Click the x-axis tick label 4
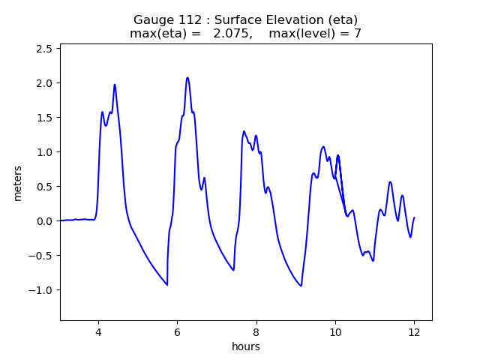[x=97, y=331]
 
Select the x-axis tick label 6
[x=177, y=331]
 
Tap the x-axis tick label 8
[x=256, y=331]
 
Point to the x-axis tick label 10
[x=335, y=331]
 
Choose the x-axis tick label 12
[x=414, y=331]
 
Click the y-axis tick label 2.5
[x=46, y=49]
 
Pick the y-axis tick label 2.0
[x=46, y=83]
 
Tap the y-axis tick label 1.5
[x=46, y=118]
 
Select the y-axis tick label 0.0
[x=46, y=221]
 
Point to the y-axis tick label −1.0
[x=43, y=290]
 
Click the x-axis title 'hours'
[x=246, y=346]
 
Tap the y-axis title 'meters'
[x=17, y=182]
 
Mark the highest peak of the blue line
[x=187, y=77]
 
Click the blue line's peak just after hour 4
[x=115, y=85]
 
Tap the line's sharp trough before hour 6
[x=167, y=285]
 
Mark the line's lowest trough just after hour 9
[x=301, y=286]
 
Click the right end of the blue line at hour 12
[x=414, y=217]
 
